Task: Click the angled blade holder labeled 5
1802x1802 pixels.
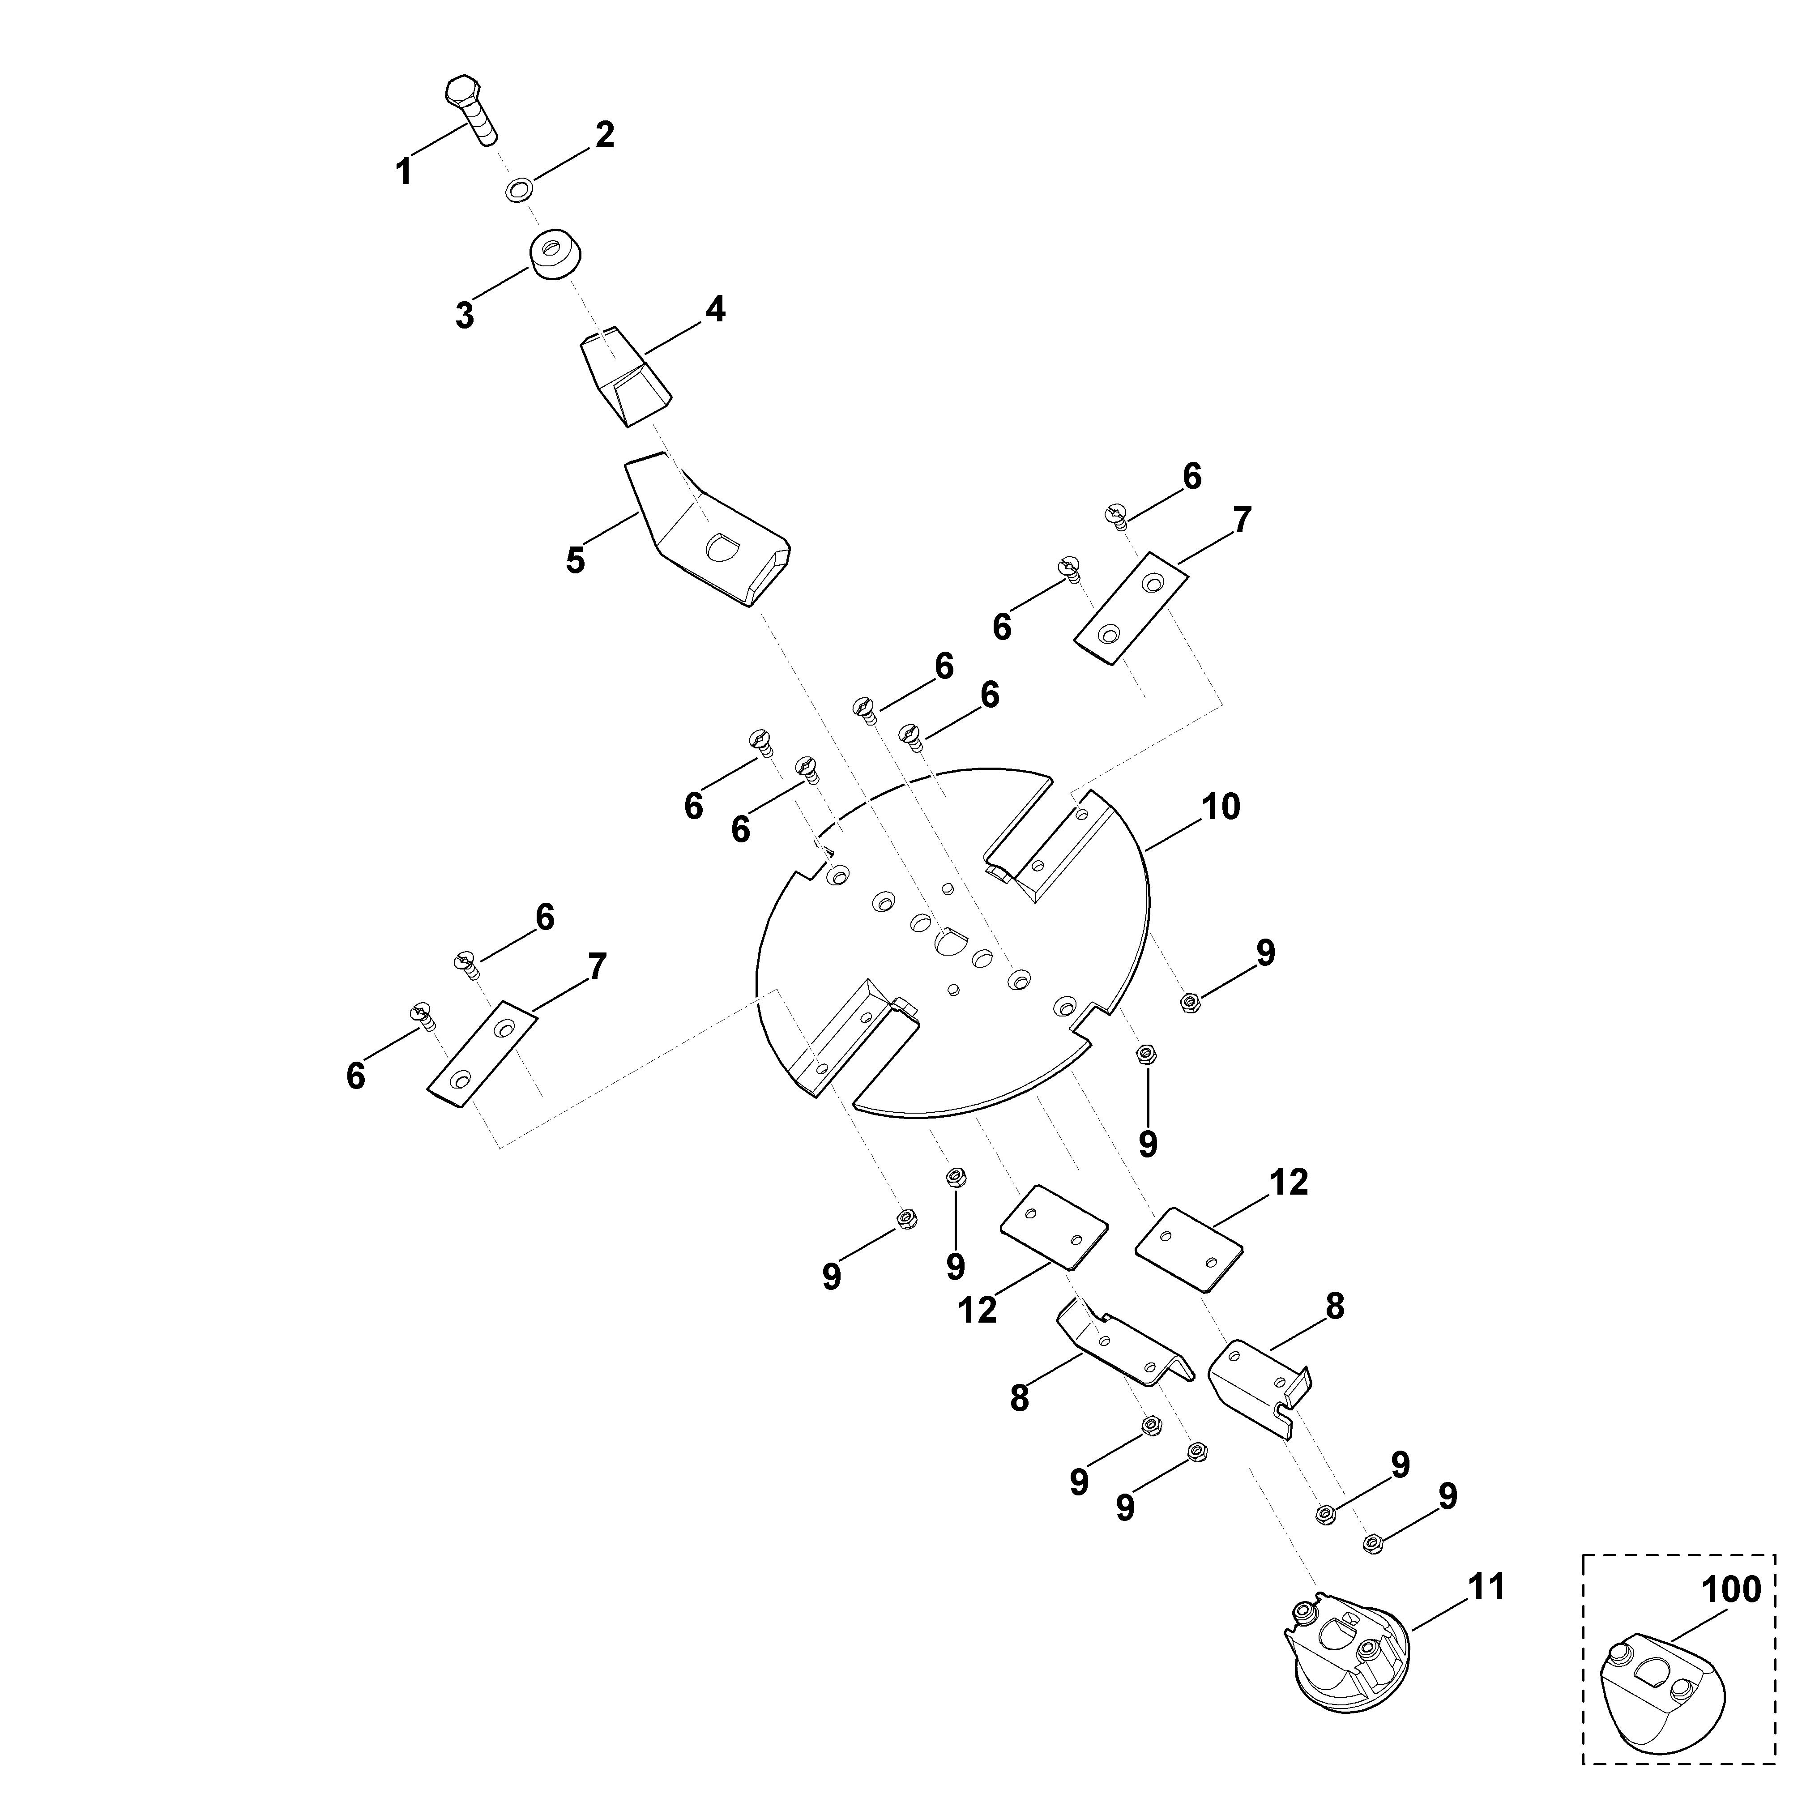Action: [x=707, y=530]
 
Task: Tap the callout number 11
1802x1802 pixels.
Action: [x=1487, y=1587]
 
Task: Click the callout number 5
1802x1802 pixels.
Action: [x=576, y=560]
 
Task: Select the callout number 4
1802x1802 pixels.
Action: [x=715, y=309]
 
